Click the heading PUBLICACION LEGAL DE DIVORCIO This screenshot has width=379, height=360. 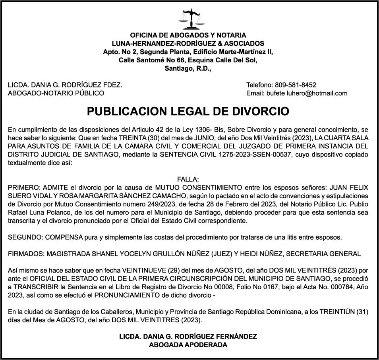(x=188, y=111)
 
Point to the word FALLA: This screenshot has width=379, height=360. (x=188, y=180)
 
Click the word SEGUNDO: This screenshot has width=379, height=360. (x=25, y=237)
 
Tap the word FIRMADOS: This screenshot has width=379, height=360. (x=26, y=254)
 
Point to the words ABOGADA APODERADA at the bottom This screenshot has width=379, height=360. (x=188, y=345)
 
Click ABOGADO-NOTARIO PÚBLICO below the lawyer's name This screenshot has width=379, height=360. (x=56, y=93)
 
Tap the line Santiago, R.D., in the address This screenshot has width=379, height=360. (x=188, y=68)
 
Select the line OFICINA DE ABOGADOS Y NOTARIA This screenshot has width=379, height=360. (x=188, y=35)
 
